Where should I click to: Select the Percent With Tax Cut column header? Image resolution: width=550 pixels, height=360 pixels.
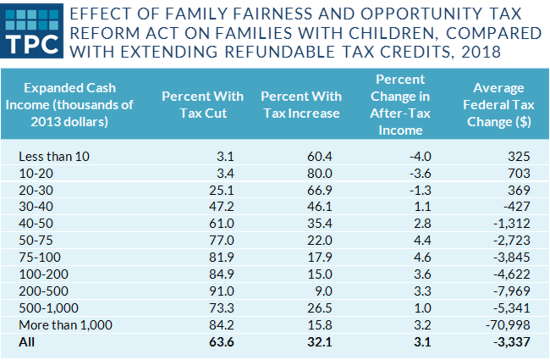point(203,105)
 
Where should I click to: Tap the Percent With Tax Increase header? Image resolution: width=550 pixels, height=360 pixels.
point(301,105)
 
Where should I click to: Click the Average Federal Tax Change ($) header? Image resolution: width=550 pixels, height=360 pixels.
point(498,105)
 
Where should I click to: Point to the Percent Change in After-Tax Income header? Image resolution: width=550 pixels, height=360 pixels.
point(400,105)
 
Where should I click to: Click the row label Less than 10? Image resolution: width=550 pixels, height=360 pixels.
point(54,156)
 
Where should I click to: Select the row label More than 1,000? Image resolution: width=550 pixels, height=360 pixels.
point(66,325)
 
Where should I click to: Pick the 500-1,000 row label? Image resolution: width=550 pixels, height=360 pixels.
point(49,308)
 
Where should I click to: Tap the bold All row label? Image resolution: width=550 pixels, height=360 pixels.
point(27,342)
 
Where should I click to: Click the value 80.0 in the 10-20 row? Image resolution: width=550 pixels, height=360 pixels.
point(319,173)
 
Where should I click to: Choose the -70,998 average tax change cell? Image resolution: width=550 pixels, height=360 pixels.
point(508,325)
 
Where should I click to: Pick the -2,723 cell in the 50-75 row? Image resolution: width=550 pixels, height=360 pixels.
point(511,241)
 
